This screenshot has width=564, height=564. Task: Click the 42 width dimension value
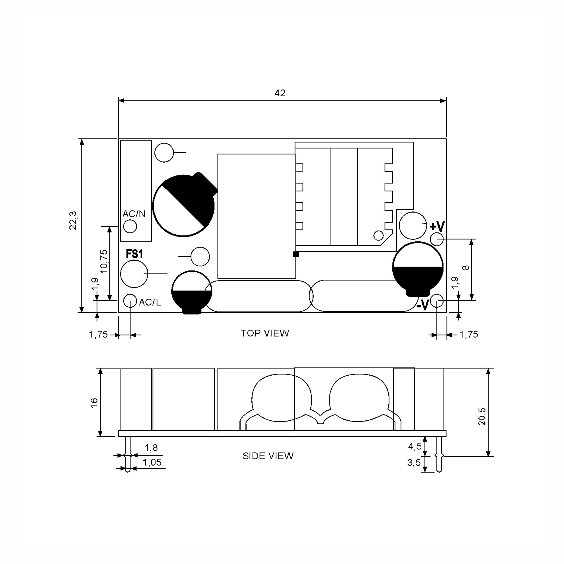[280, 93]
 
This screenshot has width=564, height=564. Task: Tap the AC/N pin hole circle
[130, 226]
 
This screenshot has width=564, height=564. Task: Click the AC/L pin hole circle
[130, 301]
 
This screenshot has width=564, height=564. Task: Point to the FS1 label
[134, 254]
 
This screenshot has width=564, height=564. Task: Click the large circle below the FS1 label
[134, 274]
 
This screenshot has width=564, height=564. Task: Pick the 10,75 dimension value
[104, 261]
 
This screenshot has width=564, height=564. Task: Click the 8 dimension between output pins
[466, 267]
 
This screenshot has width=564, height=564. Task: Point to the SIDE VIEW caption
[268, 456]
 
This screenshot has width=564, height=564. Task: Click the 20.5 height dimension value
[482, 417]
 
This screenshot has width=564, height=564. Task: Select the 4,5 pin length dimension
[415, 446]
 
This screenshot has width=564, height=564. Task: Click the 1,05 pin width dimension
[152, 462]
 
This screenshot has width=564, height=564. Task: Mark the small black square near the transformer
[296, 254]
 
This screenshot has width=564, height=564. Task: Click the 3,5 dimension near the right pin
[414, 463]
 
